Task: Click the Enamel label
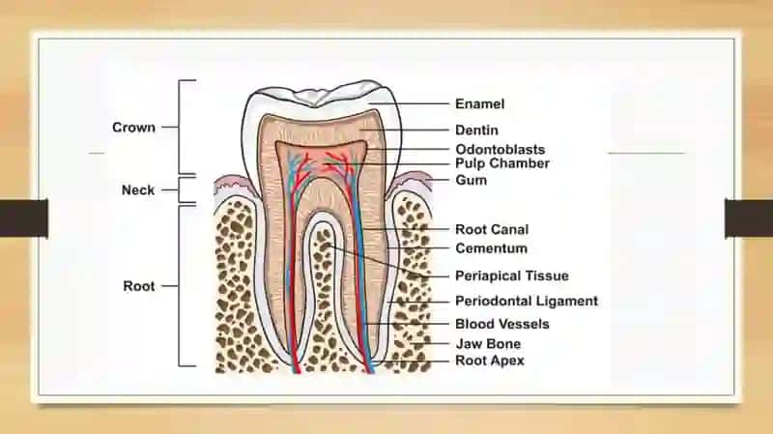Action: pyautogui.click(x=479, y=104)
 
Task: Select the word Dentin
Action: pyautogui.click(x=476, y=130)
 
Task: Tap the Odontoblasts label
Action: pyautogui.click(x=500, y=150)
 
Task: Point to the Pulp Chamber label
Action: pyautogui.click(x=501, y=163)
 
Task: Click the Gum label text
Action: pyautogui.click(x=471, y=180)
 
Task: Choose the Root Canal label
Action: pyautogui.click(x=492, y=229)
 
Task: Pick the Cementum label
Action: pyautogui.click(x=491, y=248)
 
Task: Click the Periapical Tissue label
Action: pyautogui.click(x=512, y=275)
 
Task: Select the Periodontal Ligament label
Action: pyautogui.click(x=527, y=301)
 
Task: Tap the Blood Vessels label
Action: pyautogui.click(x=501, y=324)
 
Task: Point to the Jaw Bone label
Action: pyautogui.click(x=488, y=344)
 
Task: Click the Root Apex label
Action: pyautogui.click(x=490, y=361)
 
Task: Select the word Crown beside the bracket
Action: pyautogui.click(x=133, y=128)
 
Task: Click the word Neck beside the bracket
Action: pyautogui.click(x=138, y=189)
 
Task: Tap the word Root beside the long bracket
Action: pyautogui.click(x=139, y=286)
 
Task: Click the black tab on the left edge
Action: pyautogui.click(x=23, y=218)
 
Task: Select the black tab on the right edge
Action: pyautogui.click(x=749, y=218)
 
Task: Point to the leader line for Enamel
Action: pyautogui.click(x=409, y=104)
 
